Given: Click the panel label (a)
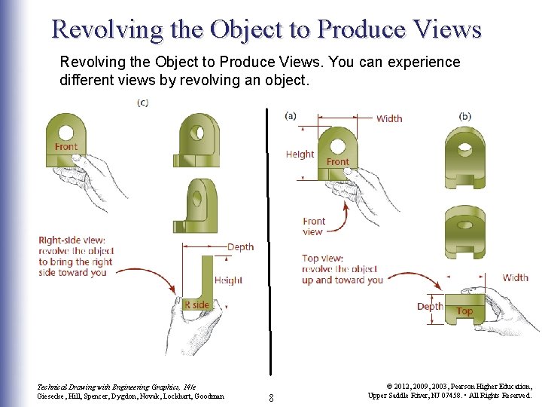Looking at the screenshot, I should (291, 115).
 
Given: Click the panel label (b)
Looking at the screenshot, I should (464, 115).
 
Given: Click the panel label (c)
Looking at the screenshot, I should (142, 103).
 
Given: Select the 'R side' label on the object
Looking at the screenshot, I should (196, 304).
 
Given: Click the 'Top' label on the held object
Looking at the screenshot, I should (464, 311).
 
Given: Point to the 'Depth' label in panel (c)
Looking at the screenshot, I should (240, 247).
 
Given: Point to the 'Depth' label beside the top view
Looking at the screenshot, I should (430, 307).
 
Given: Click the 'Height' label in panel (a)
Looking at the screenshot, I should (300, 155).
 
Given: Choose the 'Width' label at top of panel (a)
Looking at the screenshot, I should (389, 118).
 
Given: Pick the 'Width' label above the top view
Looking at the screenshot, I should (516, 277).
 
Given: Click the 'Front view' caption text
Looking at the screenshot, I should (313, 226).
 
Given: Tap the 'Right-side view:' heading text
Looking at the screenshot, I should (72, 240).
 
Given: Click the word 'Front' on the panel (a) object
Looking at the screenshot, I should (337, 161).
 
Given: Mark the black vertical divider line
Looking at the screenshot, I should (267, 226).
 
